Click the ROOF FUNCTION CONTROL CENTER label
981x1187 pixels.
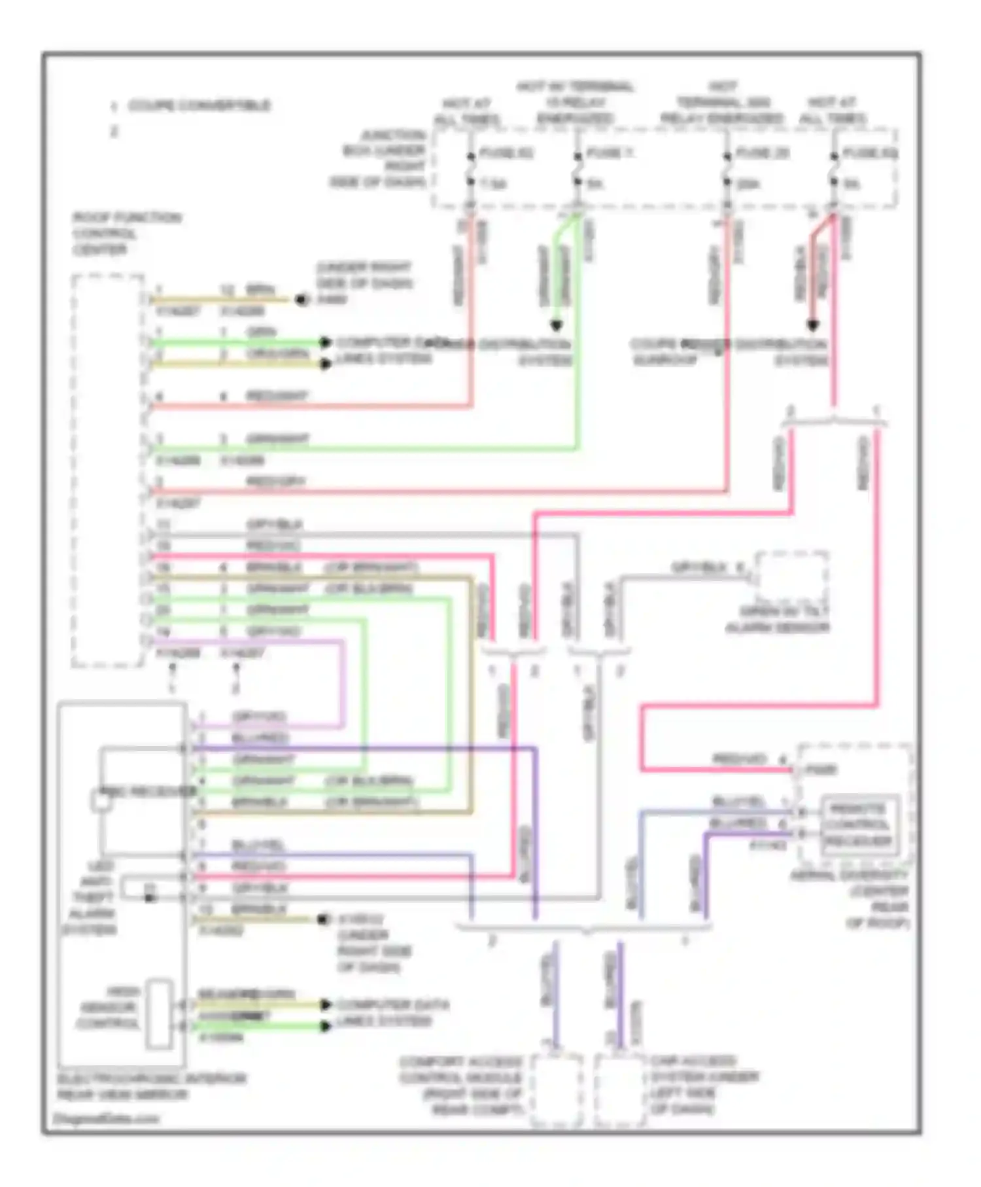pos(126,234)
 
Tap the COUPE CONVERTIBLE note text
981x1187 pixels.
pos(199,105)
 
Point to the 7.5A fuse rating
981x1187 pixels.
pos(493,185)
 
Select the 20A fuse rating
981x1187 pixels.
pos(748,185)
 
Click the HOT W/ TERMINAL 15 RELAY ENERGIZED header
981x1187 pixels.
pos(575,103)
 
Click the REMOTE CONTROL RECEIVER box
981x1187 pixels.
pos(858,824)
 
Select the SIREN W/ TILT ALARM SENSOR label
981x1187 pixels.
pos(778,619)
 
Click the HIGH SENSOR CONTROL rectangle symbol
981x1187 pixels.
pos(159,1014)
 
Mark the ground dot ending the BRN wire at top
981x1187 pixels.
pos(301,300)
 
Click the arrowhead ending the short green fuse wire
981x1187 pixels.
pos(556,325)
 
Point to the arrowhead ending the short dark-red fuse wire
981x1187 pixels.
pos(812,325)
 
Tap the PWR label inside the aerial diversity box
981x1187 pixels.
pos(821,770)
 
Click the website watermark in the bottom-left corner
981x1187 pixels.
pos(105,1118)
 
